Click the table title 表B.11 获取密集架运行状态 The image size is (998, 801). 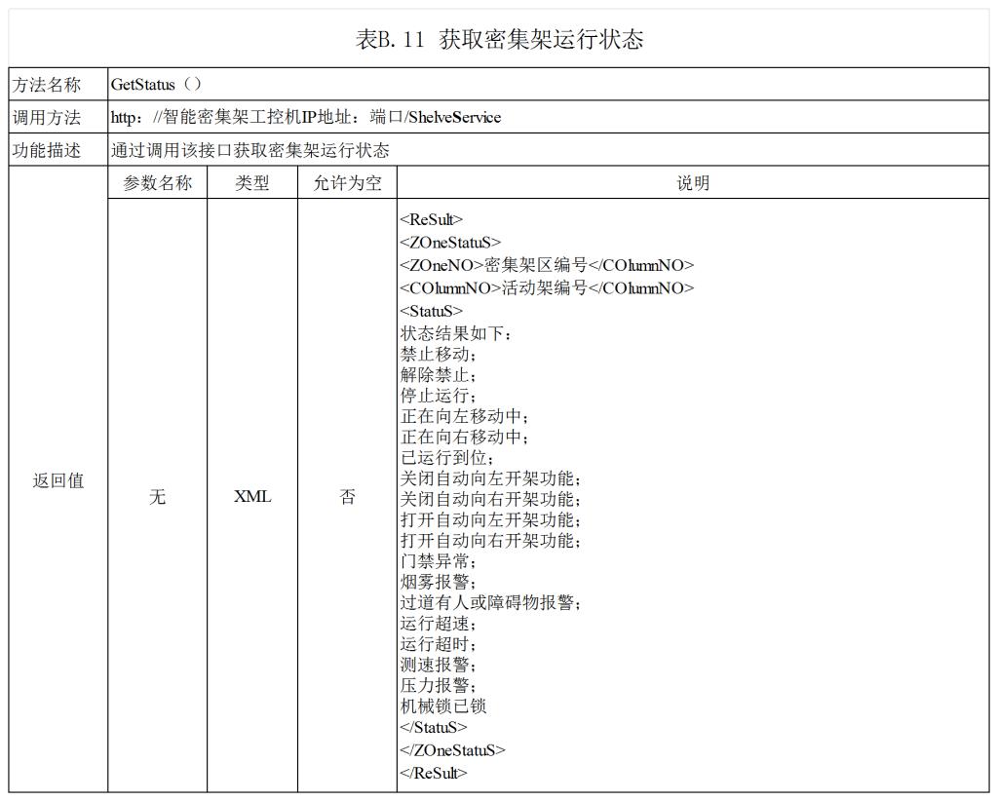pyautogui.click(x=499, y=40)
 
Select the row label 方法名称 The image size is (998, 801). pyautogui.click(x=46, y=85)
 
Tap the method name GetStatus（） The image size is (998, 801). pyautogui.click(x=156, y=85)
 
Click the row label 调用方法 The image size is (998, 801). pyautogui.click(x=46, y=118)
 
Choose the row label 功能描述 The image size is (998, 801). pyautogui.click(x=46, y=150)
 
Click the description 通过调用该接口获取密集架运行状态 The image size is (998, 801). pyautogui.click(x=249, y=150)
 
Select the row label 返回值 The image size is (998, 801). pyautogui.click(x=58, y=480)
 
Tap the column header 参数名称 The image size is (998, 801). pyautogui.click(x=157, y=183)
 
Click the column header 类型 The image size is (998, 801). pyautogui.click(x=252, y=183)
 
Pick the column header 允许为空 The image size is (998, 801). pyautogui.click(x=347, y=183)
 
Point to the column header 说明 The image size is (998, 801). pyautogui.click(x=693, y=183)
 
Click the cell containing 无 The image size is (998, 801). pyautogui.click(x=157, y=497)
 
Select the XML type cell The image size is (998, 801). pyautogui.click(x=252, y=497)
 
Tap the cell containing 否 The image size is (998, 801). pyautogui.click(x=347, y=497)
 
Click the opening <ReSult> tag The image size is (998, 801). pyautogui.click(x=432, y=220)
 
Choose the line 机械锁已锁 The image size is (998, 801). pyautogui.click(x=443, y=706)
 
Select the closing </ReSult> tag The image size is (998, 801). pyautogui.click(x=434, y=773)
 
